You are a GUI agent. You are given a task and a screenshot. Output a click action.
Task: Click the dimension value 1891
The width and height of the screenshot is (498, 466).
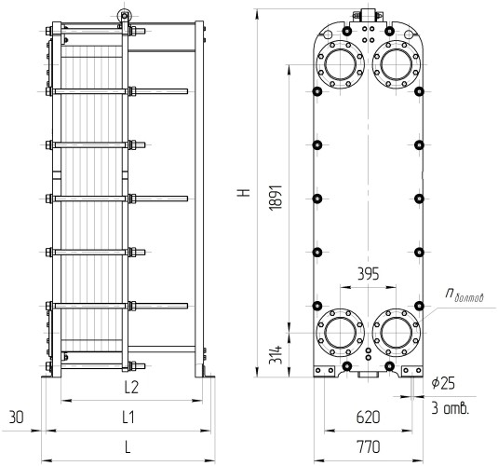[276, 197]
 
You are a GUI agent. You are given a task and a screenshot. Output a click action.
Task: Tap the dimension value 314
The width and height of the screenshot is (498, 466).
[276, 354]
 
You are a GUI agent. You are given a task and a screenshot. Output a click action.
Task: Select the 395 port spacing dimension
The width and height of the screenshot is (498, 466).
[368, 274]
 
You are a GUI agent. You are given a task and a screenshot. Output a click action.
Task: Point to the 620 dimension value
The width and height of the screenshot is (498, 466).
[368, 418]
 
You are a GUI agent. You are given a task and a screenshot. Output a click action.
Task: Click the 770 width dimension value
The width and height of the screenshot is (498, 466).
[368, 446]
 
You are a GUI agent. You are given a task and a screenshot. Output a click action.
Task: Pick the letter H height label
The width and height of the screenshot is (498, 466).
[244, 192]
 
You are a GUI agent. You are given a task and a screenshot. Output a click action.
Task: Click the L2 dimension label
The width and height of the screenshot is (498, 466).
[131, 387]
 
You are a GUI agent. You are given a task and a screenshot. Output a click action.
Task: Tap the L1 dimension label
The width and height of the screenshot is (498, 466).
[128, 417]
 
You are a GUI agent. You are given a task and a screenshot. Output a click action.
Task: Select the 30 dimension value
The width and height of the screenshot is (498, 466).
[16, 417]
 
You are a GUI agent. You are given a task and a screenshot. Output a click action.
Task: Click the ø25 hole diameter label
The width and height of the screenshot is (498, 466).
[443, 383]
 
